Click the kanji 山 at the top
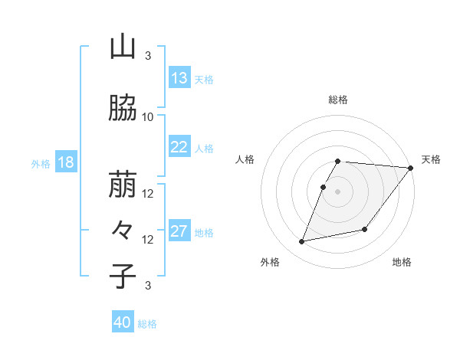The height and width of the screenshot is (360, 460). (x=123, y=47)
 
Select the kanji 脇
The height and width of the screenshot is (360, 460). (x=123, y=108)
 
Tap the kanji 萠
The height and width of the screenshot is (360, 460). (x=123, y=184)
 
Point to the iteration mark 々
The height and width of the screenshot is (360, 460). (x=123, y=229)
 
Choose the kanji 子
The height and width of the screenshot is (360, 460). (x=123, y=276)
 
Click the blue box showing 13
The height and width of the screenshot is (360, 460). (x=179, y=78)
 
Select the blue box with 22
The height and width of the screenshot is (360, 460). (x=179, y=147)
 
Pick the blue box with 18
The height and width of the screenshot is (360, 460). (x=65, y=163)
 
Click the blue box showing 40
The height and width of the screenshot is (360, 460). (x=123, y=322)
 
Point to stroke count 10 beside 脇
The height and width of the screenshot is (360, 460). (x=148, y=116)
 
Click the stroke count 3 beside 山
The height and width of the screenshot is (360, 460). (x=148, y=56)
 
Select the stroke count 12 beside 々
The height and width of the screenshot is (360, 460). (x=148, y=239)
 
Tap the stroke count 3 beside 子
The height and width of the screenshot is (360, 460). (x=148, y=286)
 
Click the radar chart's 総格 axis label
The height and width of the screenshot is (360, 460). (x=338, y=100)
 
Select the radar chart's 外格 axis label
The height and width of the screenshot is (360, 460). (x=270, y=263)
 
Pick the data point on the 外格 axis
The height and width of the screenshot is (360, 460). (x=302, y=241)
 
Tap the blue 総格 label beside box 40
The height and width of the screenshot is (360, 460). (x=147, y=324)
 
